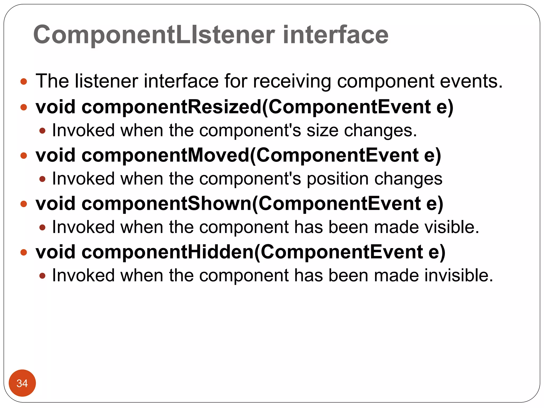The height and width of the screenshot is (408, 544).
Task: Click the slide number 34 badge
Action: pyautogui.click(x=22, y=383)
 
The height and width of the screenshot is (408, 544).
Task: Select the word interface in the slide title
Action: pyautogui.click(x=335, y=35)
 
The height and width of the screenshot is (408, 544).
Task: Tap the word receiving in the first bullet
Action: pyautogui.click(x=292, y=81)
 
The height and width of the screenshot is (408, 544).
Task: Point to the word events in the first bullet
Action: pyautogui.click(x=471, y=81)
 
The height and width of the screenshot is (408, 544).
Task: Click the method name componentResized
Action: pyautogui.click(x=172, y=107)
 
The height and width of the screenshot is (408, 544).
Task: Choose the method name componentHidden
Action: pyautogui.click(x=168, y=252)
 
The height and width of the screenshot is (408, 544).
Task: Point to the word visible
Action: pyautogui.click(x=452, y=227)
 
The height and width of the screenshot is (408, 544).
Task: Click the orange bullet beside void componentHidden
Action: pyautogui.click(x=24, y=252)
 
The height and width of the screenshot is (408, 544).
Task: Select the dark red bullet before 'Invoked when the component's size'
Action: pyautogui.click(x=42, y=131)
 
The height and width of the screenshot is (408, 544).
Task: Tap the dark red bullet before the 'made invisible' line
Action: pyautogui.click(x=42, y=276)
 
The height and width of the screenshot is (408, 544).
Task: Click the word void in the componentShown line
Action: pyautogui.click(x=56, y=204)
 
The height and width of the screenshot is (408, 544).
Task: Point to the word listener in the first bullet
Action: pyautogui.click(x=107, y=81)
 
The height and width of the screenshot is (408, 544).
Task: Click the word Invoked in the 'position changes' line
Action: pyautogui.click(x=83, y=179)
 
